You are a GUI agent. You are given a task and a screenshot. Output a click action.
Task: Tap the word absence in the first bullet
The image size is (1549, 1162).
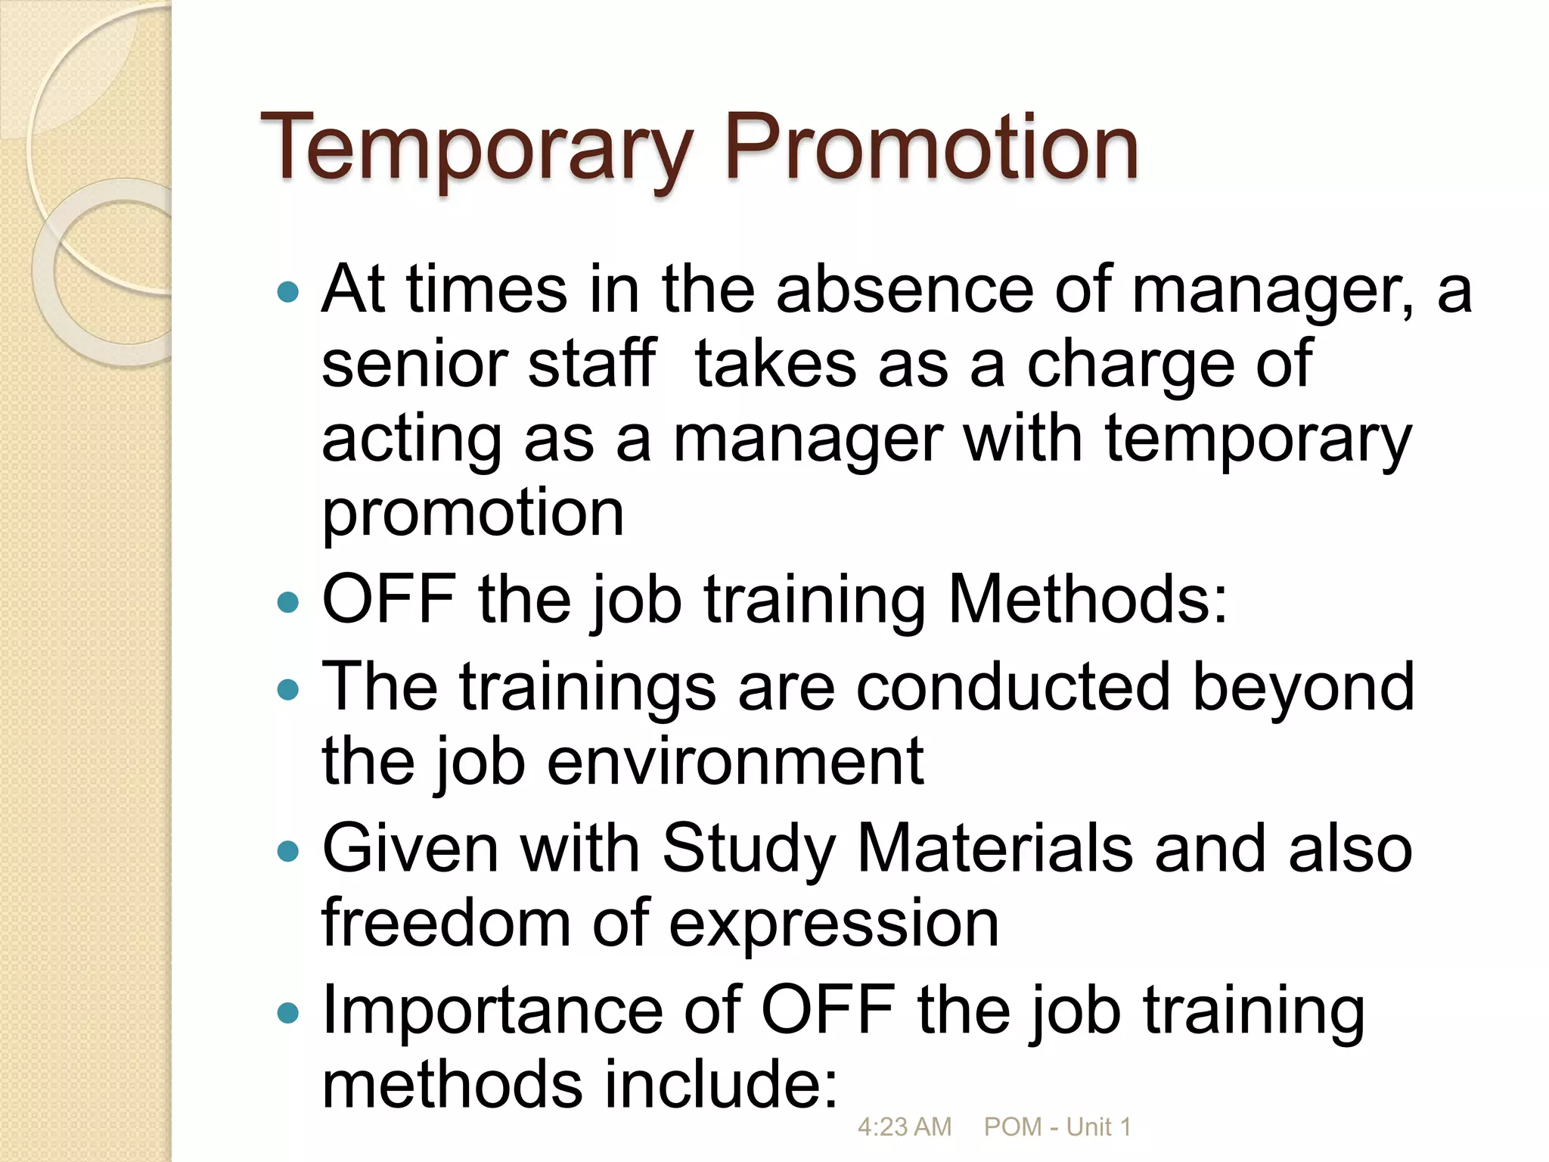coord(905,290)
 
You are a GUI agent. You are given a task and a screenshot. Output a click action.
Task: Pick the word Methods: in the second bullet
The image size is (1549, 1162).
coord(1088,599)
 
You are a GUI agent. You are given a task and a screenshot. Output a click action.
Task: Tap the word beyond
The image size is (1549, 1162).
coord(1302,687)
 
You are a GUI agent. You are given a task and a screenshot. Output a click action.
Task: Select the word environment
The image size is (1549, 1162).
coord(735,761)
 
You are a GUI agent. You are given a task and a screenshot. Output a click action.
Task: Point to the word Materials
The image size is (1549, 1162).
coord(995,848)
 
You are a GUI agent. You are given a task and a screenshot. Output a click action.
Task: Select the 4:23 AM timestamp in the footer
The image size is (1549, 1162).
coord(904,1127)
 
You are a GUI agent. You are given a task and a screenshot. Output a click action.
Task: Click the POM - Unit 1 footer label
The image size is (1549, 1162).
coord(1057,1127)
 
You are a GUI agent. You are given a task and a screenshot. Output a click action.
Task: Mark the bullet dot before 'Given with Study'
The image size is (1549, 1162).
coord(288,852)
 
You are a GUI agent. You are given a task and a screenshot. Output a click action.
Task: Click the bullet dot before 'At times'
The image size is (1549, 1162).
coord(288,292)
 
